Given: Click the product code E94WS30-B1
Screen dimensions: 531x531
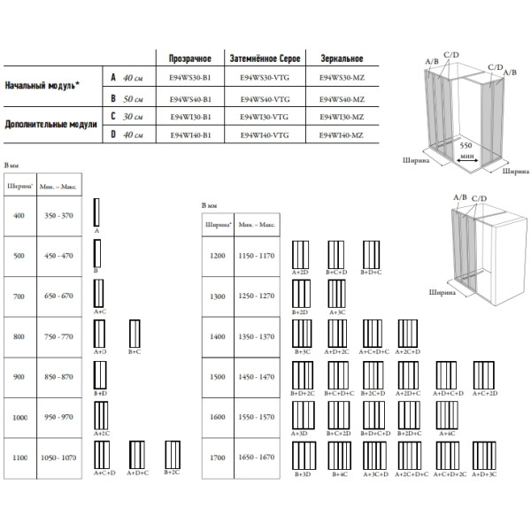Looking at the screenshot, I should pos(190,78).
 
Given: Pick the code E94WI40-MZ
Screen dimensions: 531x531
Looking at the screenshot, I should pos(340,135).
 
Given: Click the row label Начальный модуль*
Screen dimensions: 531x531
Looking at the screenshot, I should pos(40,88).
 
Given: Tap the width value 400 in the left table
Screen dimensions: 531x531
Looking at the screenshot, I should pos(20,215).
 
